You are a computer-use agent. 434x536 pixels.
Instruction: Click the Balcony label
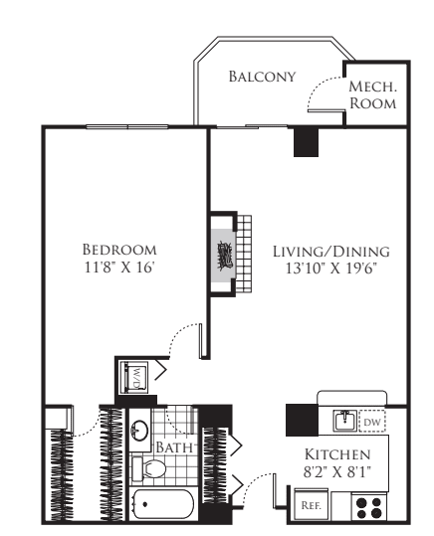(262, 77)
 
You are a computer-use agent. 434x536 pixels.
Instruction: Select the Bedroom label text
(119, 249)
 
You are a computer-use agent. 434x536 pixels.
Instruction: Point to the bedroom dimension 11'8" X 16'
(119, 268)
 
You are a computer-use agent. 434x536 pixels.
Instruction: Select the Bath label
(173, 447)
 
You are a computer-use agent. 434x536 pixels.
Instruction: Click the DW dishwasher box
(371, 422)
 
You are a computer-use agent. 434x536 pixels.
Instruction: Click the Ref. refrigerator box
(311, 505)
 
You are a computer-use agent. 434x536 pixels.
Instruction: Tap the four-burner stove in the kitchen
(369, 506)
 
